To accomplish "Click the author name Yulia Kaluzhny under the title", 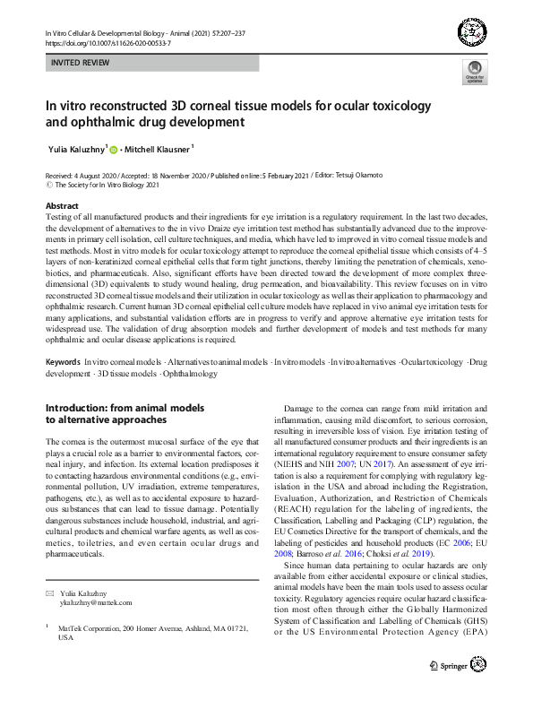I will point(77,150).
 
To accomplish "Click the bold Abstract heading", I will point(62,206).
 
